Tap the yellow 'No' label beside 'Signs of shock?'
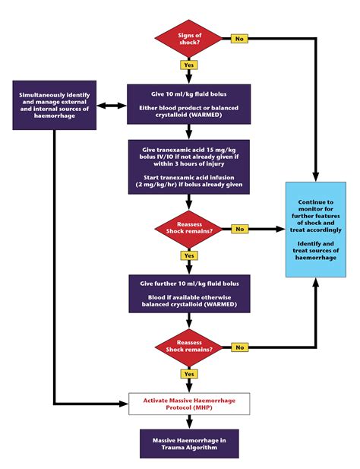pyautogui.click(x=239, y=38)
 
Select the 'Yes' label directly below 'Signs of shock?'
pyautogui.click(x=188, y=65)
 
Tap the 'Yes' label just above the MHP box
pyautogui.click(x=188, y=374)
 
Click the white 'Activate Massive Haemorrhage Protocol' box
pyautogui.click(x=188, y=404)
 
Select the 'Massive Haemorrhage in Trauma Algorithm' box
pyautogui.click(x=188, y=442)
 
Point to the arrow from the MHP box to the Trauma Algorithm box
pyautogui.click(x=188, y=422)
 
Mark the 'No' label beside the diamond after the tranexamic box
pyautogui.click(x=240, y=228)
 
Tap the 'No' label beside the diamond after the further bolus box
pyautogui.click(x=240, y=347)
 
